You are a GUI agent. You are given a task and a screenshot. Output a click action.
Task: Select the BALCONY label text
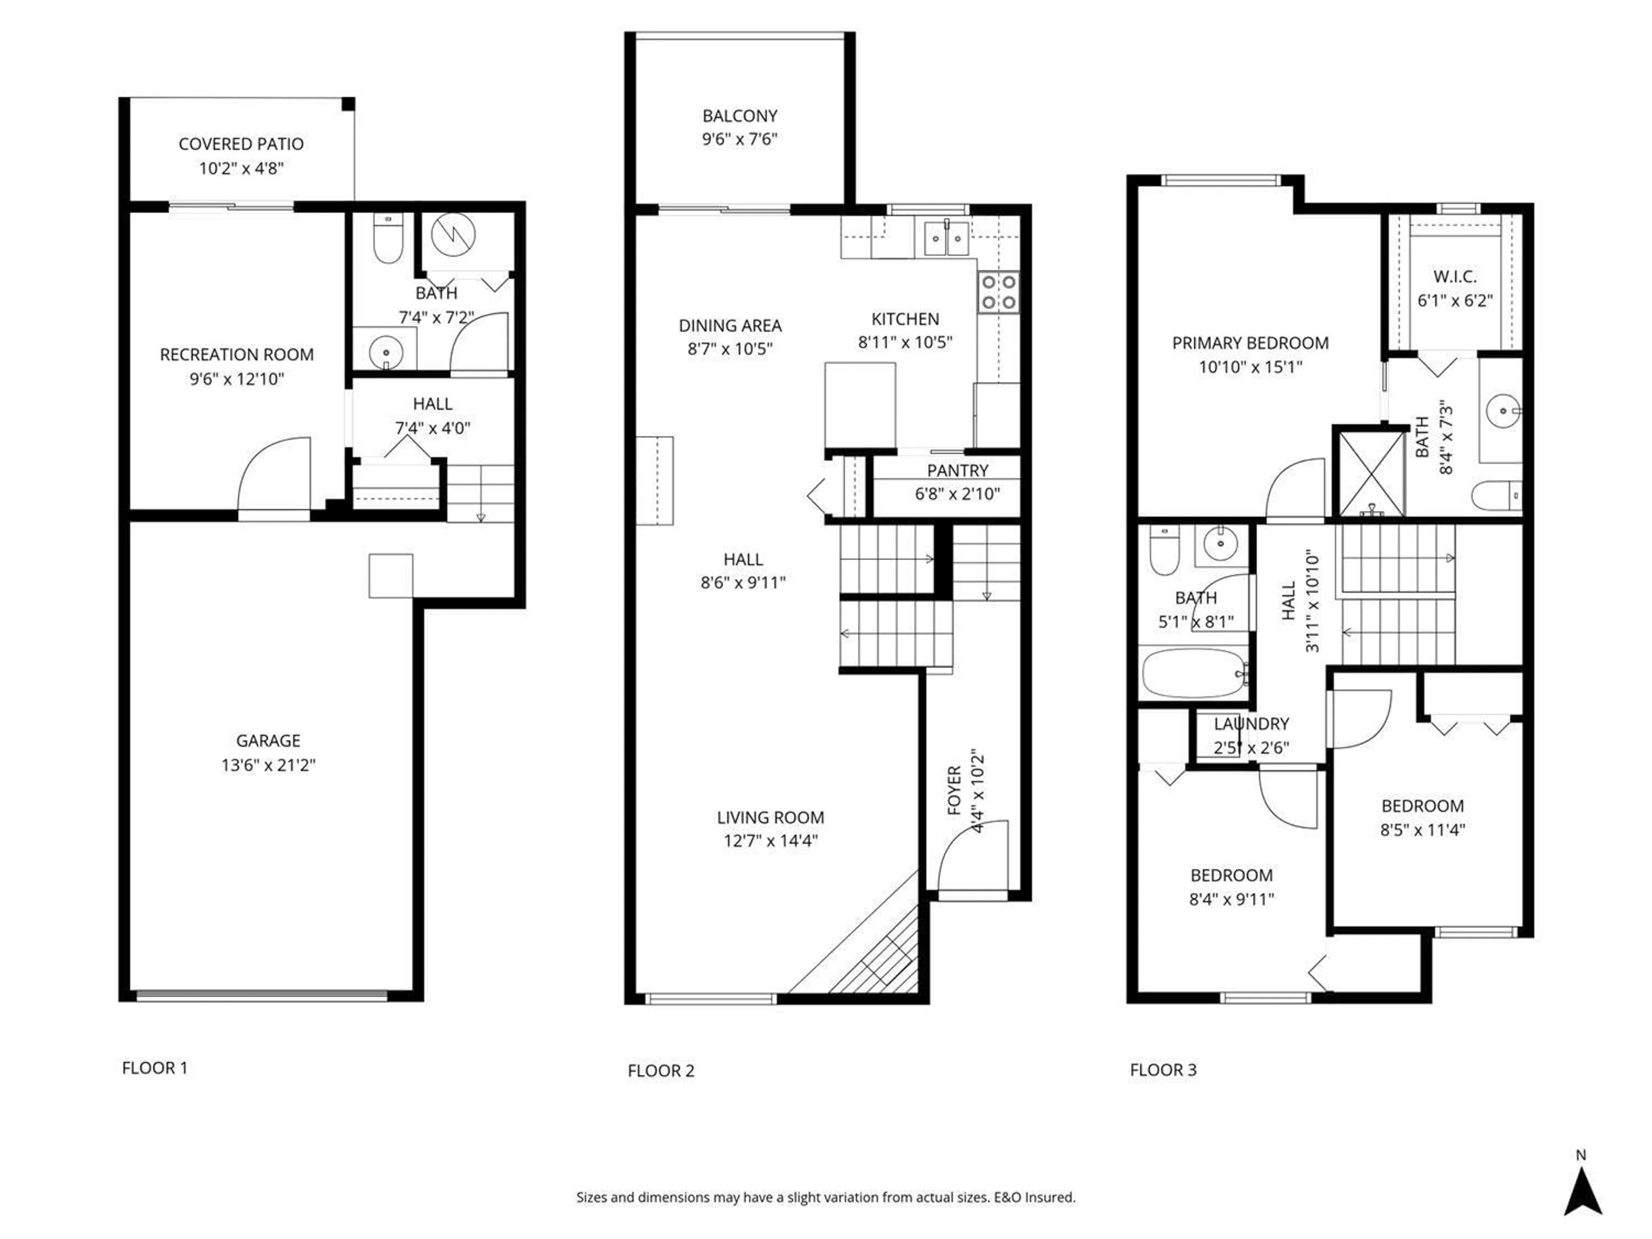[x=740, y=116]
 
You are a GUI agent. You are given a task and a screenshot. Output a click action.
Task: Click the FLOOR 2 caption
[x=661, y=1070]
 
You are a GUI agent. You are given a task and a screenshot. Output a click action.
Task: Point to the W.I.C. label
[x=1454, y=276]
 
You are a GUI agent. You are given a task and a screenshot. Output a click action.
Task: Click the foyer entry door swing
[x=973, y=855]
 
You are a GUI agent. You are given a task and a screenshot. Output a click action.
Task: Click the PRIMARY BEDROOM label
[x=1250, y=343]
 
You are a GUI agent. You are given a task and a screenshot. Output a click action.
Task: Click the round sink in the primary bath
[x=1503, y=411]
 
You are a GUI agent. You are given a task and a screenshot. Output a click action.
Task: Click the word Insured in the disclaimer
[x=1050, y=1197]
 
